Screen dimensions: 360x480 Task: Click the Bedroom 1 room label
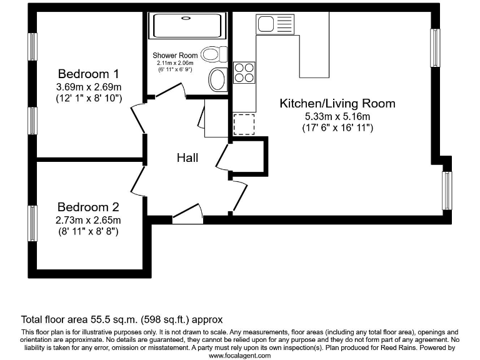tap(88, 73)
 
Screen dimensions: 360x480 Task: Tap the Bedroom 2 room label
tap(88, 207)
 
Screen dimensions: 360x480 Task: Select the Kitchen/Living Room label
tap(337, 103)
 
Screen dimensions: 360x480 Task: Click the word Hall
tap(187, 157)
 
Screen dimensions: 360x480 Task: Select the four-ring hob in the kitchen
tap(244, 73)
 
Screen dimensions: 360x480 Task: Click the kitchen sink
tap(274, 26)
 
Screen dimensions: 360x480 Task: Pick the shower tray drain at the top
tap(185, 18)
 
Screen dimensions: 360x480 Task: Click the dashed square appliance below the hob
tap(244, 124)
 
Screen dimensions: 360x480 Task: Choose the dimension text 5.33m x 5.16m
tap(337, 116)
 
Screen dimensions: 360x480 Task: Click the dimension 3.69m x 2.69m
tap(88, 86)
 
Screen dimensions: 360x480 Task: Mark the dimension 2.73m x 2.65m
tap(88, 220)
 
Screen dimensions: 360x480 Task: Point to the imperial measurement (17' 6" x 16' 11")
tap(337, 128)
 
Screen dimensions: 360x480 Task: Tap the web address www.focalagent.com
tap(240, 355)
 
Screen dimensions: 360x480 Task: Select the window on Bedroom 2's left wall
tap(32, 222)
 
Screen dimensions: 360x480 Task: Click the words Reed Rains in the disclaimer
tap(395, 347)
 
